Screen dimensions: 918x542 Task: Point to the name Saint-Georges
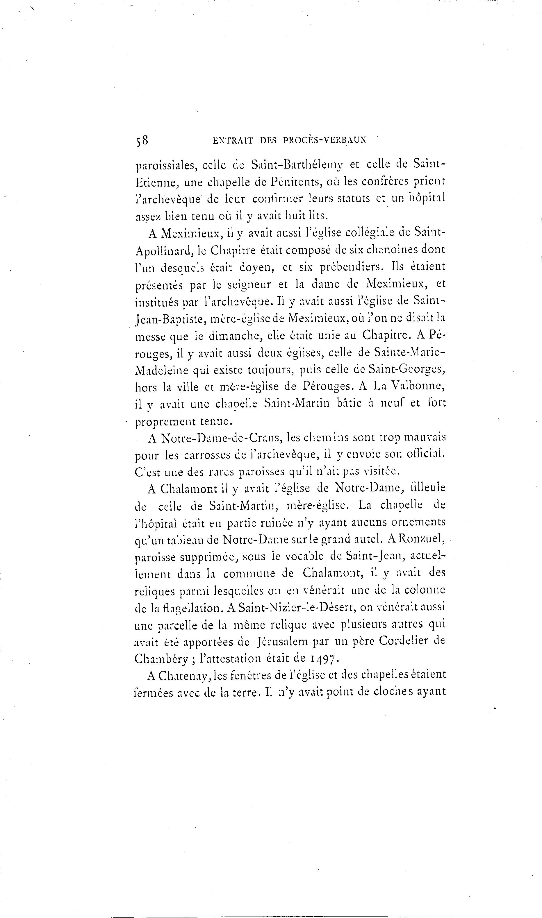(406, 370)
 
